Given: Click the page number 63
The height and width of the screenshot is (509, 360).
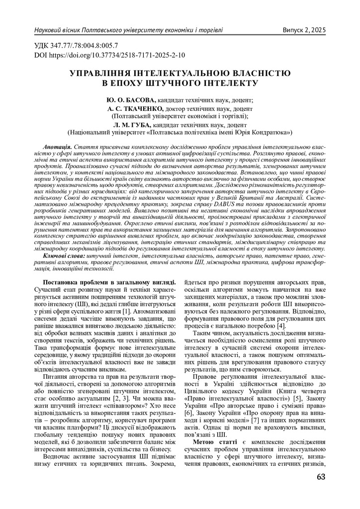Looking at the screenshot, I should pyautogui.click(x=320, y=478).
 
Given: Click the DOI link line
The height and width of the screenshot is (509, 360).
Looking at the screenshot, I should pyautogui.click(x=110, y=55).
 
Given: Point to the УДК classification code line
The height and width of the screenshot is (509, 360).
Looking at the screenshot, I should pyautogui.click(x=76, y=46).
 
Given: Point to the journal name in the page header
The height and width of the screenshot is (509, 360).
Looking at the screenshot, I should pyautogui.click(x=128, y=30).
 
